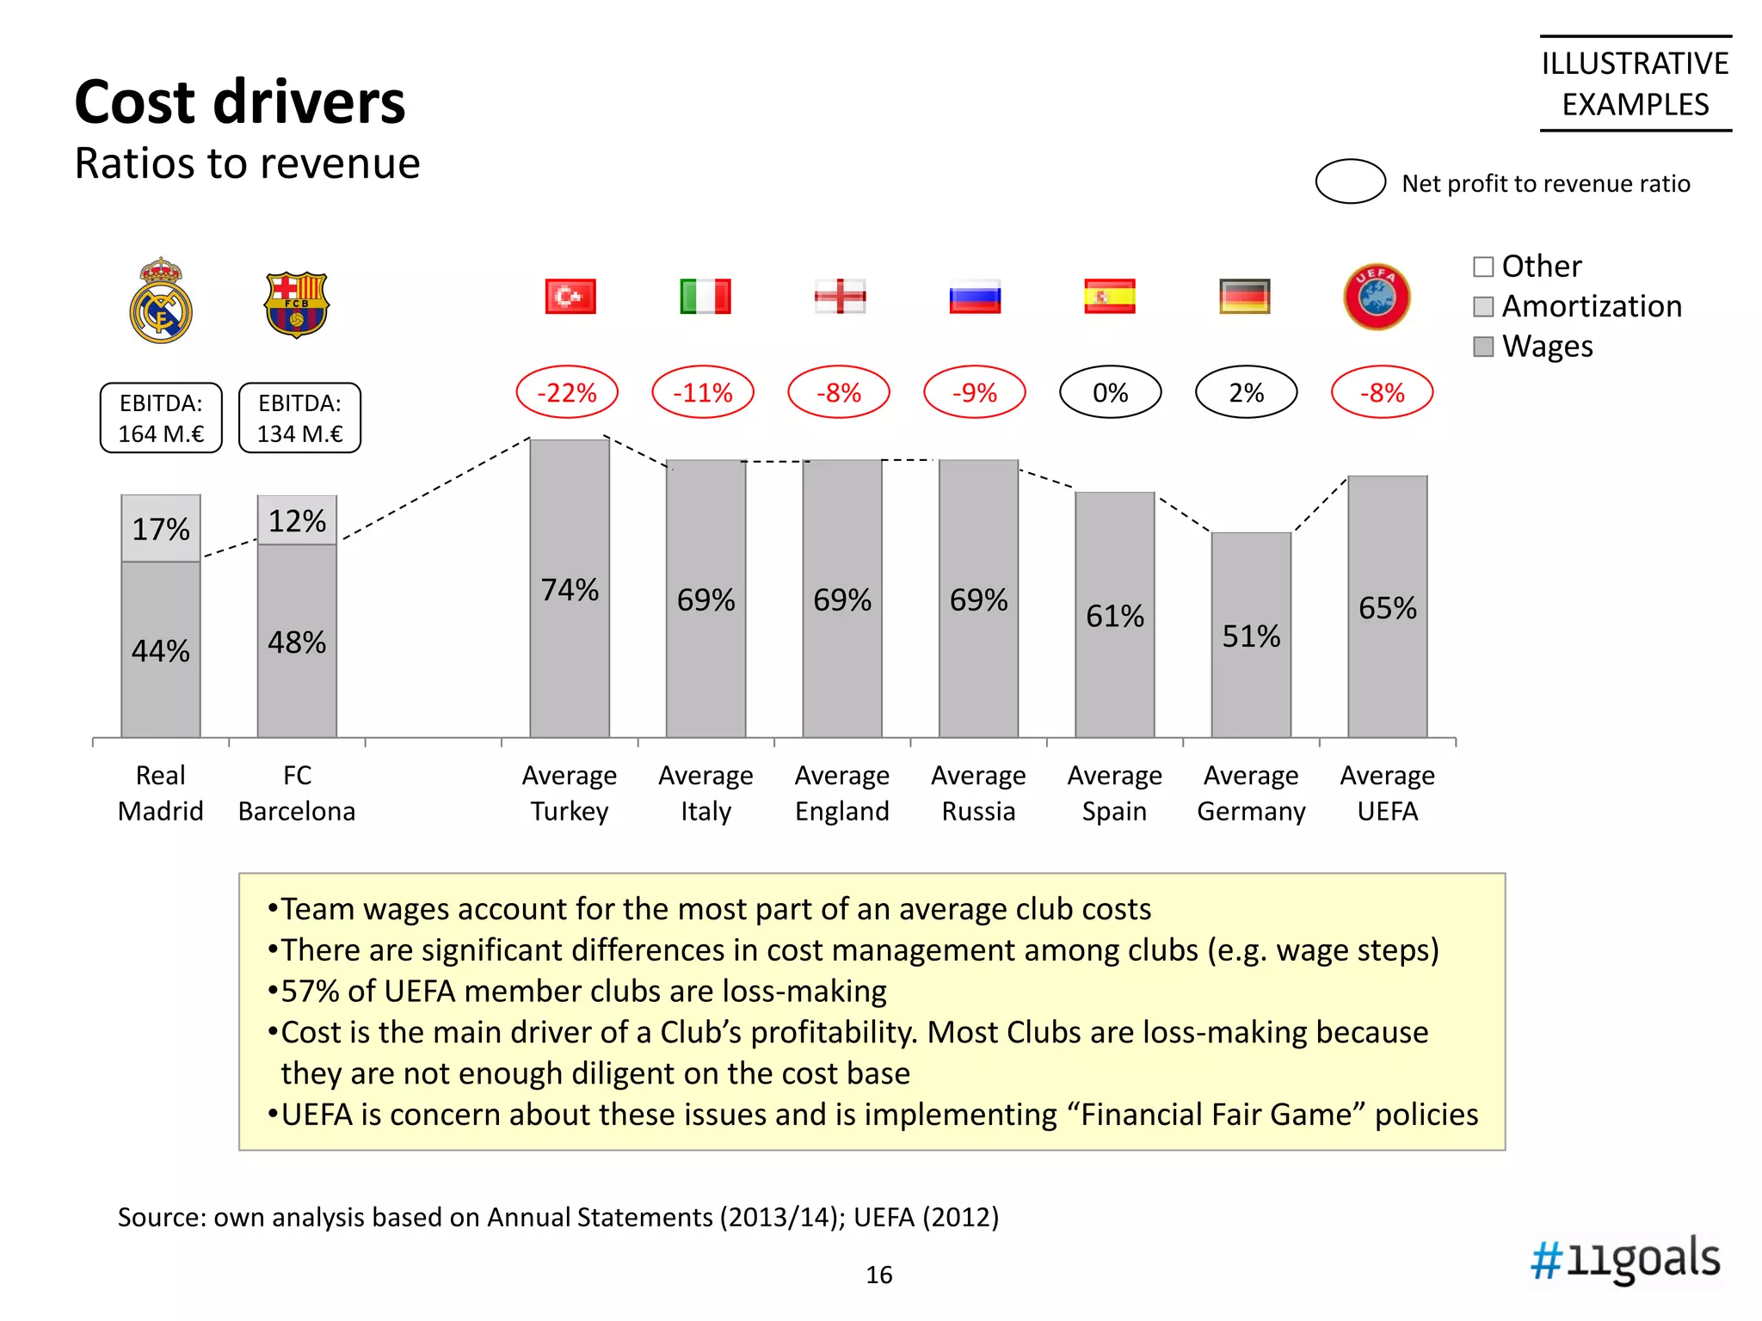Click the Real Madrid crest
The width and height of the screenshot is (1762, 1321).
pyautogui.click(x=161, y=301)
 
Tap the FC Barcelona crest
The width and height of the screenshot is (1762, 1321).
pyautogui.click(x=297, y=304)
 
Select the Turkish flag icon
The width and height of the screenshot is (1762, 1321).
pyautogui.click(x=570, y=297)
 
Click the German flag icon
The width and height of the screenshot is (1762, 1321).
pyautogui.click(x=1244, y=297)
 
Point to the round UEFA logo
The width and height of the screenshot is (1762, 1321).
pyautogui.click(x=1377, y=297)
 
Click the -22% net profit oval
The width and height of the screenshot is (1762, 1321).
pyautogui.click(x=567, y=393)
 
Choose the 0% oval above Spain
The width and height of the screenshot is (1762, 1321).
pyautogui.click(x=1110, y=393)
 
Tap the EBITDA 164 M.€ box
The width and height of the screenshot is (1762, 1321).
pyautogui.click(x=161, y=418)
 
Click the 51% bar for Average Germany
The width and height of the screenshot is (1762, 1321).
pyautogui.click(x=1251, y=636)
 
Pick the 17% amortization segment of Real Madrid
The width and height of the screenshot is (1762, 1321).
pyautogui.click(x=161, y=528)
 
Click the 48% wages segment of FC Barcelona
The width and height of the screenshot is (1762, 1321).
pyautogui.click(x=297, y=642)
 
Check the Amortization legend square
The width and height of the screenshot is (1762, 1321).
pyautogui.click(x=1483, y=307)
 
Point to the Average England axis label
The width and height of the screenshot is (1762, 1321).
pyautogui.click(x=841, y=793)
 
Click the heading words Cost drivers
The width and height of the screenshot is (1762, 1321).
pyautogui.click(x=240, y=102)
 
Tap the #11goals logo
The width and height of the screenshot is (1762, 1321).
pyautogui.click(x=1624, y=1259)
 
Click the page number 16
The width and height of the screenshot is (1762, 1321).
pyautogui.click(x=878, y=1275)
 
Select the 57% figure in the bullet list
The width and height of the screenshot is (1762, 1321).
pyautogui.click(x=311, y=992)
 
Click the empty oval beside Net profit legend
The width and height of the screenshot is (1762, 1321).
pyautogui.click(x=1350, y=181)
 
